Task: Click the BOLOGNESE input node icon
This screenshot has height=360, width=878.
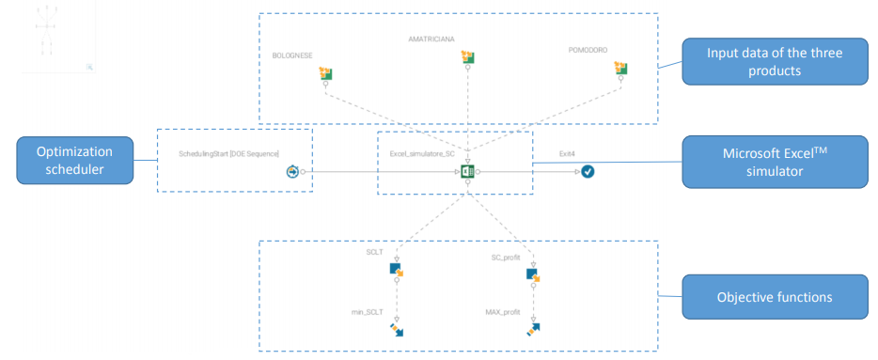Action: click(326, 73)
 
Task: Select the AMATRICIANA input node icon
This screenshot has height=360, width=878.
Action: click(468, 58)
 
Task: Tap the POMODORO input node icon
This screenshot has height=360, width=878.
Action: click(619, 68)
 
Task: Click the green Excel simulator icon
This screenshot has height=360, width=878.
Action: click(467, 172)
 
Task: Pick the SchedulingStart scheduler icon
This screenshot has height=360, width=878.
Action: click(293, 172)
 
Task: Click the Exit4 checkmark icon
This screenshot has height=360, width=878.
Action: click(588, 172)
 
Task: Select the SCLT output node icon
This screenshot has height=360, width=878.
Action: click(396, 271)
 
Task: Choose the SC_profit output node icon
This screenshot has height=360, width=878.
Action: click(533, 274)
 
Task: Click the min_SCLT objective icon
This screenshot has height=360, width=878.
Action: click(396, 329)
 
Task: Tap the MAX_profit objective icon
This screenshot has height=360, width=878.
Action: click(533, 329)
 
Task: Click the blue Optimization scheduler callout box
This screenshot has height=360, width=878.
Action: click(73, 161)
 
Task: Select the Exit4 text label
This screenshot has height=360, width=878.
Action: click(566, 152)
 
